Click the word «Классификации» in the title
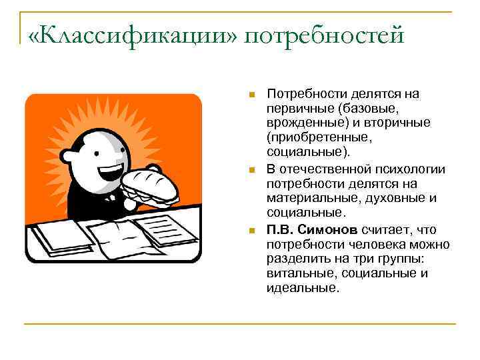132,35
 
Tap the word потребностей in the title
325,35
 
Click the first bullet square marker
251,94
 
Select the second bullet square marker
251,169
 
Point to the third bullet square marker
251,230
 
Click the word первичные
299,109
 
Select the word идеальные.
303,288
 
